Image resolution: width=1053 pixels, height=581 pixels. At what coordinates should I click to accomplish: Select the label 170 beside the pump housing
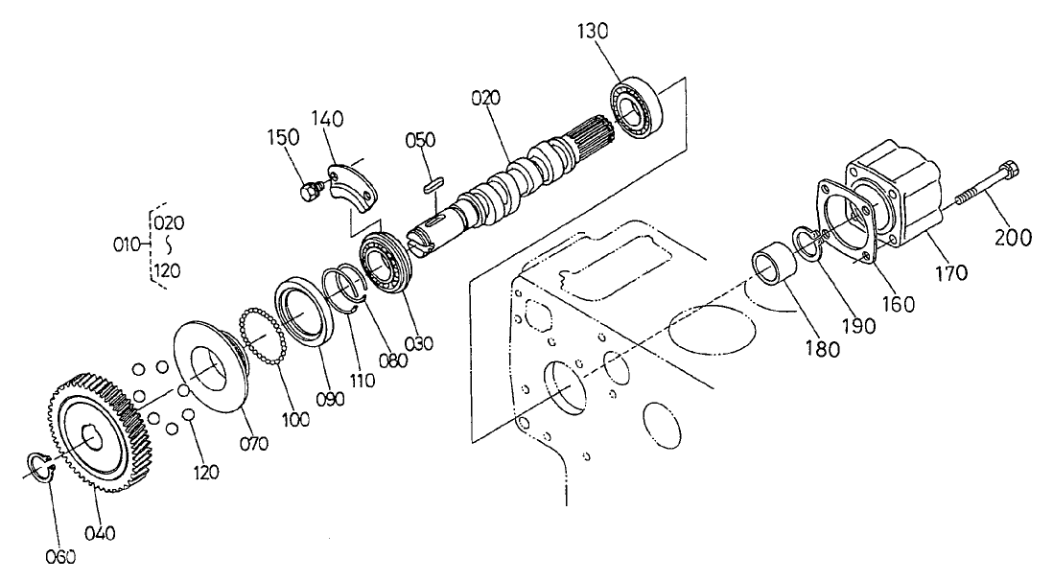(x=950, y=273)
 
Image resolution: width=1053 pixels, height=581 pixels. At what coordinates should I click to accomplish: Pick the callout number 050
(x=419, y=140)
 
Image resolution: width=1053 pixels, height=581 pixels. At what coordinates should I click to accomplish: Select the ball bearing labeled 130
(x=634, y=106)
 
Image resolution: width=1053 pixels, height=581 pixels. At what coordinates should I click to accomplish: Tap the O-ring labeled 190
(x=803, y=244)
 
